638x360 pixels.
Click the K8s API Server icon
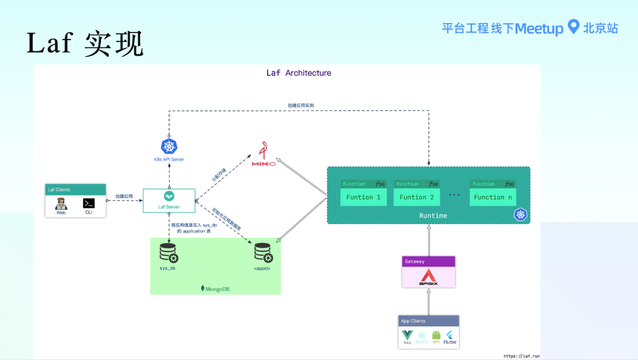[x=169, y=147]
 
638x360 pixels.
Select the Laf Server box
[x=169, y=200]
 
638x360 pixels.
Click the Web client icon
[x=61, y=204]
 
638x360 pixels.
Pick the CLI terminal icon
[x=89, y=203]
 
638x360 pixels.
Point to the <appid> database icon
[x=263, y=253]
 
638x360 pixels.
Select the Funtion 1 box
[x=363, y=197]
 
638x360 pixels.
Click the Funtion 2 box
[x=416, y=197]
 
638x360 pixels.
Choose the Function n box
[x=493, y=197]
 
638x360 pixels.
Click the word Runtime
[x=433, y=216]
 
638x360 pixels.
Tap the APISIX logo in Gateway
[x=428, y=277]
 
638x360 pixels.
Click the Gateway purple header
[x=428, y=261]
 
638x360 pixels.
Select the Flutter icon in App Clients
[x=450, y=336]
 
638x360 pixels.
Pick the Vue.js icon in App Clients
[x=407, y=336]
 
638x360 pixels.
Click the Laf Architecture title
[x=298, y=73]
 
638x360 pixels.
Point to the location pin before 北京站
[x=572, y=27]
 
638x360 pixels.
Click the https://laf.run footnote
[x=521, y=356]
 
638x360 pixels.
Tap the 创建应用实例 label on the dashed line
[x=301, y=106]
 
